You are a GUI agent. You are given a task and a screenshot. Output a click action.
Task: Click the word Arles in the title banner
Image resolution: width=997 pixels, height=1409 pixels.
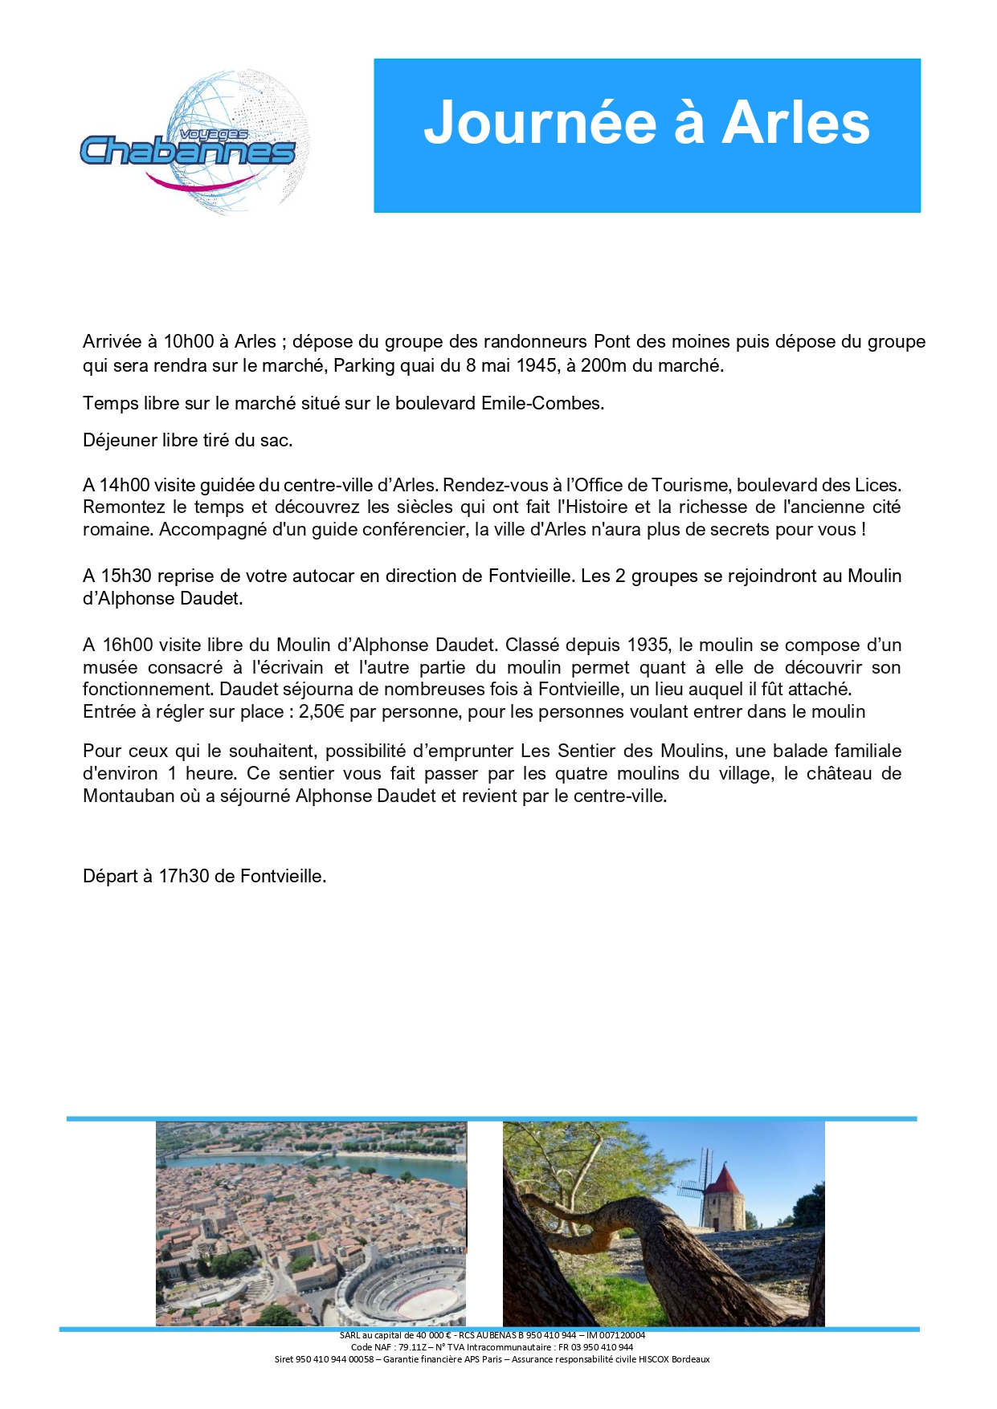[795, 123]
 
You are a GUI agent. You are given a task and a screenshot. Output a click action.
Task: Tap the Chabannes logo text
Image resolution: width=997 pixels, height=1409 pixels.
[188, 150]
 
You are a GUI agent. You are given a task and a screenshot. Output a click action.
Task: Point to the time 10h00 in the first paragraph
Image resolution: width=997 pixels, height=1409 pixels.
[188, 341]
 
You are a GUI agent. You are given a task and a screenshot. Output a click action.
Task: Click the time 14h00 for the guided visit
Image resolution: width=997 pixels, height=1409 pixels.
[125, 485]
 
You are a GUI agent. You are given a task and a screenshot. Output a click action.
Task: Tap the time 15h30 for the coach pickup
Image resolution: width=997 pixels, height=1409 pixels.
[125, 576]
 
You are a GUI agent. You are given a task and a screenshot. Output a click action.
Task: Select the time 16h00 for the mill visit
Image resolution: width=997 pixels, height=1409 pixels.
[127, 645]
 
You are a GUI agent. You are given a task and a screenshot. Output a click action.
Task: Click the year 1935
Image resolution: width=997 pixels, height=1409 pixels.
[648, 645]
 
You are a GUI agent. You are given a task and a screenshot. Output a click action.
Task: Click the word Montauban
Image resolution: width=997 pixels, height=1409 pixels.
[129, 796]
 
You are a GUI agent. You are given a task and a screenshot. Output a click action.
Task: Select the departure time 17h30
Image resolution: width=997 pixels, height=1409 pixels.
[185, 876]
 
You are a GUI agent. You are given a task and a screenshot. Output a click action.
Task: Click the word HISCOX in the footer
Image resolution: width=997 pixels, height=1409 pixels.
[655, 1359]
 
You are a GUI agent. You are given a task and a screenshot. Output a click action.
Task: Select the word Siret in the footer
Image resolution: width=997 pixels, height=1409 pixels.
[284, 1359]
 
